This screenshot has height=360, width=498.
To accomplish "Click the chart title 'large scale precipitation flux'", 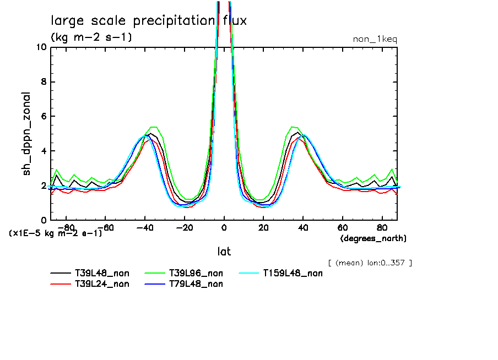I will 149,21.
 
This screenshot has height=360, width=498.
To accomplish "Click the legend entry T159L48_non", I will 293,272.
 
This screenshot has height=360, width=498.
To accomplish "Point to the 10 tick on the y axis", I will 41,47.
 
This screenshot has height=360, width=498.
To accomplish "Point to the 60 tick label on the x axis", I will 342,227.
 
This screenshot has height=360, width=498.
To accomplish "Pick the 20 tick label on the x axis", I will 263,227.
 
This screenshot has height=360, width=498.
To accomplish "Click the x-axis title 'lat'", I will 224,252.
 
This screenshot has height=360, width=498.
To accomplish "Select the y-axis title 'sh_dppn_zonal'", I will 26,134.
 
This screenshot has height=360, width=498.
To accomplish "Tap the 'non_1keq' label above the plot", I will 375,39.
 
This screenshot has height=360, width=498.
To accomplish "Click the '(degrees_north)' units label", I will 373,238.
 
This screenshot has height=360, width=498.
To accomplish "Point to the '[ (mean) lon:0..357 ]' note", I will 370,263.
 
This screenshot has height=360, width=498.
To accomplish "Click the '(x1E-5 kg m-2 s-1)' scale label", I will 55,233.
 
